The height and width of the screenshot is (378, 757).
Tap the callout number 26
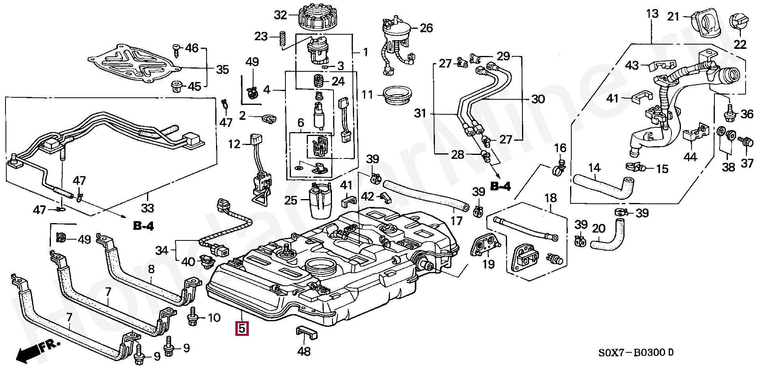pos(426,28)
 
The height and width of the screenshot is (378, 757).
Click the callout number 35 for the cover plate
pos(222,70)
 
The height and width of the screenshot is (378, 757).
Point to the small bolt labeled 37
pos(747,141)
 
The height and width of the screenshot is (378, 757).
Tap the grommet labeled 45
pos(176,87)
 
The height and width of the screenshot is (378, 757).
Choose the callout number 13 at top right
pos(652,14)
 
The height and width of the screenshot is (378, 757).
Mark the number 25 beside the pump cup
pos(291,200)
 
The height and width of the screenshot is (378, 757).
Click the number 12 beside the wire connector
pos(234,144)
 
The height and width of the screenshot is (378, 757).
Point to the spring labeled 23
pos(282,40)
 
